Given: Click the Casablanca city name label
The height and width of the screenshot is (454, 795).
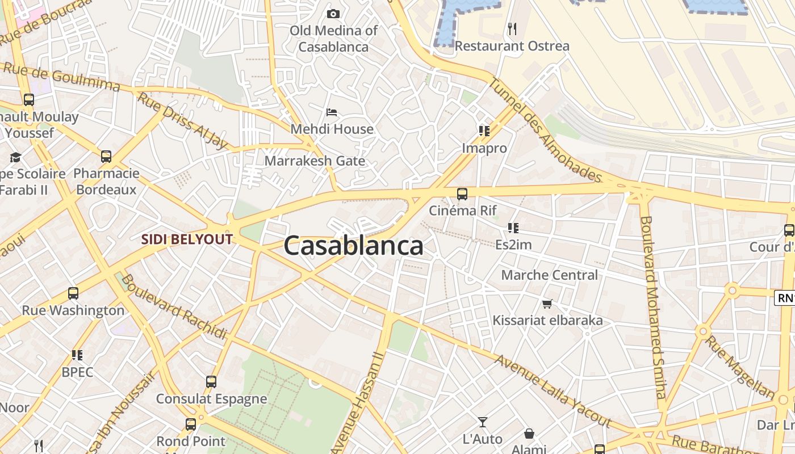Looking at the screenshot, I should click(353, 246).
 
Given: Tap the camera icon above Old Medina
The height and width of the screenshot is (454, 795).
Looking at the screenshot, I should click(333, 14).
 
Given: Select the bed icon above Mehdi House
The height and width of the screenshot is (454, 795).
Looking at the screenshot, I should click(332, 112).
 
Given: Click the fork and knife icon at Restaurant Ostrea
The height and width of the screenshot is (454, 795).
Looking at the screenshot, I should click(512, 28).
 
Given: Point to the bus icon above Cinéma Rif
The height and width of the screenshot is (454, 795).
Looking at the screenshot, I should click(462, 194).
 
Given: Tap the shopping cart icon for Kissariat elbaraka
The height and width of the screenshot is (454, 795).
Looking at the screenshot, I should click(547, 304).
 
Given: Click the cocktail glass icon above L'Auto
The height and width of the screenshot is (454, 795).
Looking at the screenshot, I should click(483, 422).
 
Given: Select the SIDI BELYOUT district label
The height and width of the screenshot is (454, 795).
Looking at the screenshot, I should click(187, 239).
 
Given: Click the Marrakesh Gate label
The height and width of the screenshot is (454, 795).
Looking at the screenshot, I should click(315, 161).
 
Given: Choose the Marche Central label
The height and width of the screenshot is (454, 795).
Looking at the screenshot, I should click(549, 275).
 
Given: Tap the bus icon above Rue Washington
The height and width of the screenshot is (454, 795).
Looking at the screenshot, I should click(73, 293).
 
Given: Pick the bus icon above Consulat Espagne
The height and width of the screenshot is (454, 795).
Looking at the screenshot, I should click(211, 382).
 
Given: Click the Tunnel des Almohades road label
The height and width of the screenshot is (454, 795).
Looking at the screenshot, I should click(545, 130).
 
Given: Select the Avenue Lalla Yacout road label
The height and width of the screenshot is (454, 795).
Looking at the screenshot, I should click(551, 392).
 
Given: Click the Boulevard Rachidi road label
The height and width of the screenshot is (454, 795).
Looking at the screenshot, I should click(174, 306).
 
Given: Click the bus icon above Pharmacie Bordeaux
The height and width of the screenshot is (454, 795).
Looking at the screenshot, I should click(106, 157).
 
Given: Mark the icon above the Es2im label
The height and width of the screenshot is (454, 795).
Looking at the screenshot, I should click(513, 228).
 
